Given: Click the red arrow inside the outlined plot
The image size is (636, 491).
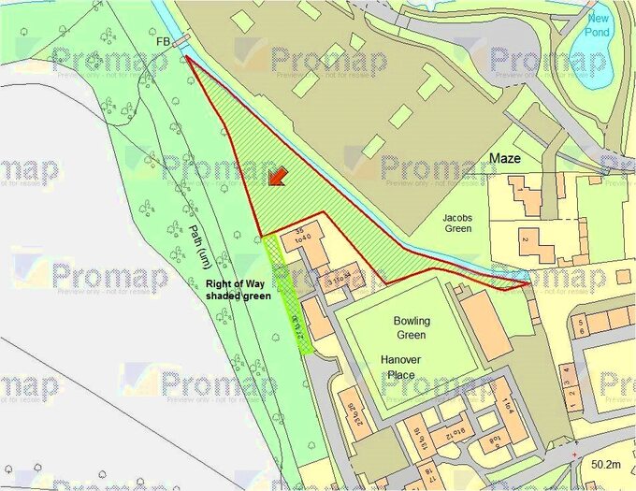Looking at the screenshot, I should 277,178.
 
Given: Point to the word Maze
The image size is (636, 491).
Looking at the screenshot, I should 505,160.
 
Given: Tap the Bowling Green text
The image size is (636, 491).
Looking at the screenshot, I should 412,327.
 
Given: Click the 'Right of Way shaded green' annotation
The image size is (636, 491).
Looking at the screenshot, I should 239,289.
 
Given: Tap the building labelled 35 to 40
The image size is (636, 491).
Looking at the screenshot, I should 302,234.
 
